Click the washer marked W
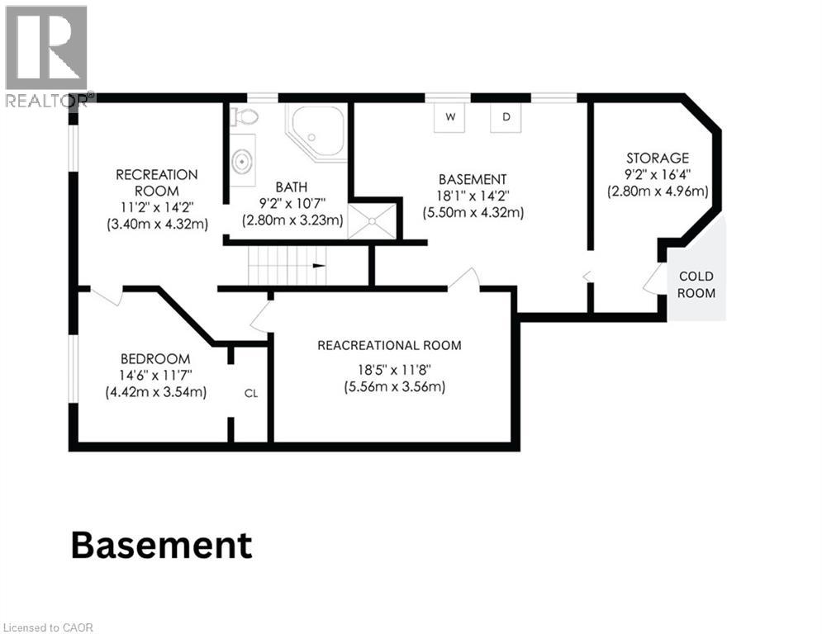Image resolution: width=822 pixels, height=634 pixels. [449, 116]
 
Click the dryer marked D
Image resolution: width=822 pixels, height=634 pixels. [506, 116]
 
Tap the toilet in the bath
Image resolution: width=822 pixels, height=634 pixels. [245, 116]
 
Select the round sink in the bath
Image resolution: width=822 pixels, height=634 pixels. [242, 161]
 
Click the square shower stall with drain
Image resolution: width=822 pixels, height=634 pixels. [373, 221]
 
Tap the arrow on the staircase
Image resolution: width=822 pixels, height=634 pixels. [319, 266]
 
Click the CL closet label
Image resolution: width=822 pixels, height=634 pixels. [251, 394]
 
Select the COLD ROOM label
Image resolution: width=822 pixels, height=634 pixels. [696, 285]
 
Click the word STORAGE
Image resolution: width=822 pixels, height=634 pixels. [658, 158]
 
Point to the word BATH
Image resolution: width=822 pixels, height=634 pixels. [292, 187]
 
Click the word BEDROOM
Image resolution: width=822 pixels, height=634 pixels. [155, 359]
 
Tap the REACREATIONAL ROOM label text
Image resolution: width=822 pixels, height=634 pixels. [389, 345]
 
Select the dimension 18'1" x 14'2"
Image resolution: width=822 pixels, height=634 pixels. [473, 196]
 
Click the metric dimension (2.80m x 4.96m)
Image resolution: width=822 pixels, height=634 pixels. [658, 192]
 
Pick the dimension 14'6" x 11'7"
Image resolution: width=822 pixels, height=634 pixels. [155, 375]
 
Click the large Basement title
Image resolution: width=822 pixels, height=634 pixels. [161, 546]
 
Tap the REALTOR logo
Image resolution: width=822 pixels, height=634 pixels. [48, 55]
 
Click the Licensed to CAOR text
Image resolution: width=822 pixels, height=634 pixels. [48, 627]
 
